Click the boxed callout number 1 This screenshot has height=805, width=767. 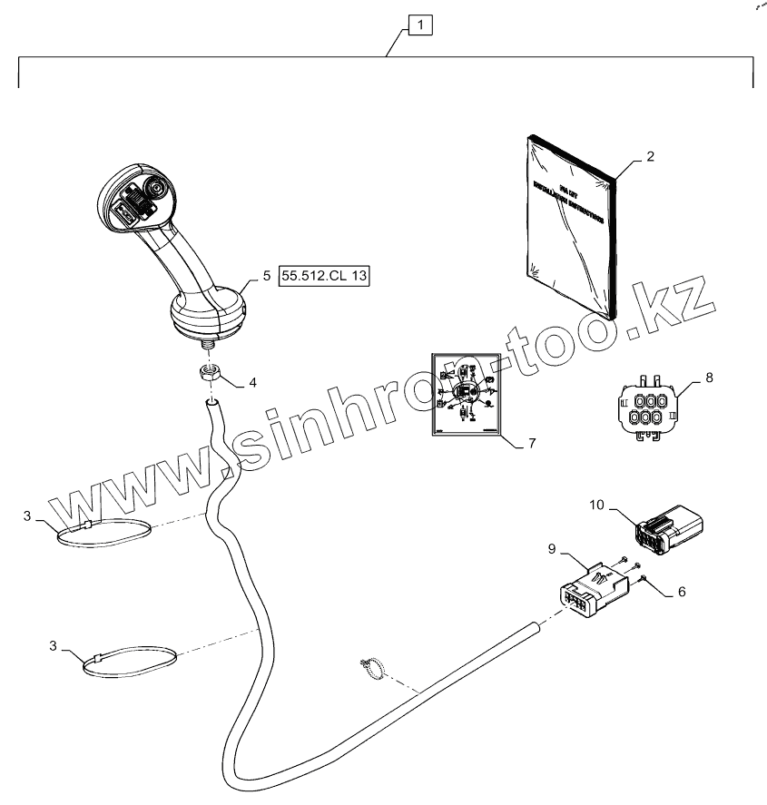421,25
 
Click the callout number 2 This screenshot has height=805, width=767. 650,156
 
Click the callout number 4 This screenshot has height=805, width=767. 253,382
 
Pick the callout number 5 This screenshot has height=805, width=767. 266,275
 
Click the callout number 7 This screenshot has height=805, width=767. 532,444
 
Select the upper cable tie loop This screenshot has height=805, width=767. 100,534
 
